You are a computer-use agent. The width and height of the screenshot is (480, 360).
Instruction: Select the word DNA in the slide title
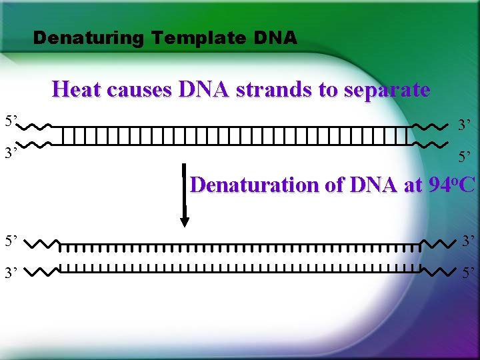tap(275, 38)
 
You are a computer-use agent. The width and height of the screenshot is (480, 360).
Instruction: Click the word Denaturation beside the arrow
tap(255, 184)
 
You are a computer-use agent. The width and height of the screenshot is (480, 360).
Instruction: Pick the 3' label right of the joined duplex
tap(464, 125)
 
